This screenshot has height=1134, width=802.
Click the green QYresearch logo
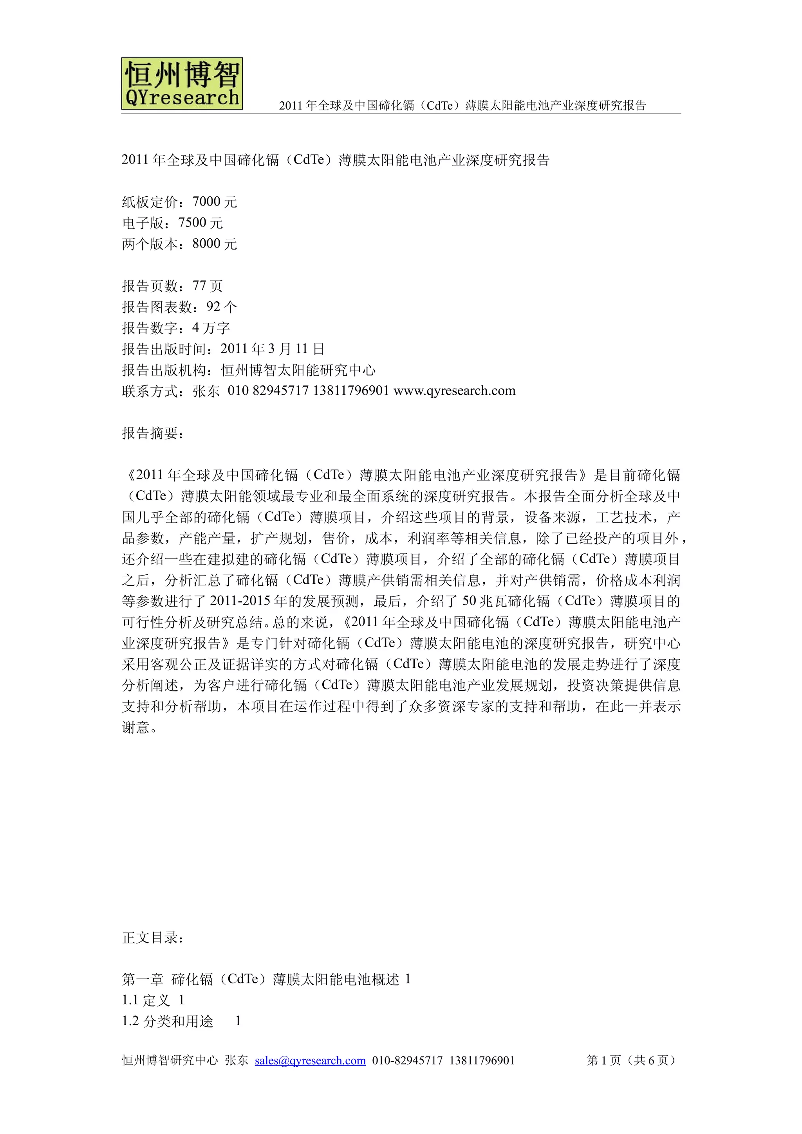click(x=182, y=83)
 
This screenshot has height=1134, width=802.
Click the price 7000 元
click(x=215, y=202)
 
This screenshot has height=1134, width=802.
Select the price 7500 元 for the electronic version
click(x=200, y=223)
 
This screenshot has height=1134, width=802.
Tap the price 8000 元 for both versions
click(x=215, y=244)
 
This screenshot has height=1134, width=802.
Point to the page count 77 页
click(x=208, y=286)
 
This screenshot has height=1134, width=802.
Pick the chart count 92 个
click(x=221, y=307)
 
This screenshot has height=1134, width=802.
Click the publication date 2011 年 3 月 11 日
click(x=272, y=349)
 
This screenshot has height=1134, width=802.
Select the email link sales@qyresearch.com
click(x=310, y=1060)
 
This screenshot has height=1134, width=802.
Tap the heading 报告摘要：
click(x=153, y=433)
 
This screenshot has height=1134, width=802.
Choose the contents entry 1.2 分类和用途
click(x=168, y=1021)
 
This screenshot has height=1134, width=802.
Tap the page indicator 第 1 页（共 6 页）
click(x=631, y=1060)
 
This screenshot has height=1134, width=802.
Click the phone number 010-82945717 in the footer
click(x=407, y=1060)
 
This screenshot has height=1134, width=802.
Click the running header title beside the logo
click(x=462, y=105)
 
